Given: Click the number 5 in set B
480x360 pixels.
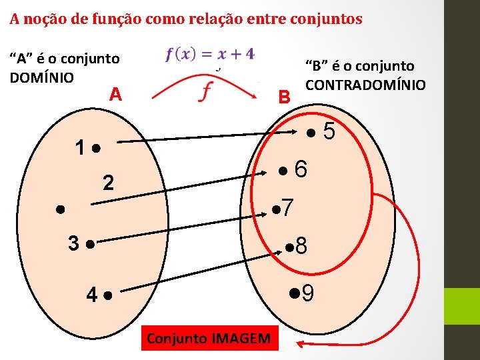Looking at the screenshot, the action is coord(329,132).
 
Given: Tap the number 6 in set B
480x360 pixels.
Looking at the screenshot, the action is coord(301,170).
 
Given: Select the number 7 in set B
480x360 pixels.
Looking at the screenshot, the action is coord(287,209).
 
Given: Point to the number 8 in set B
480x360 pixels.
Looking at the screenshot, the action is coord(301,247).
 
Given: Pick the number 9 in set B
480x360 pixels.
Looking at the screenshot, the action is coord(308,293).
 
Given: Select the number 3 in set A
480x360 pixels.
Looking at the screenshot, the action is coord(75,243).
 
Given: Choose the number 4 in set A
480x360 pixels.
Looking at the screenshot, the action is coord(93,293).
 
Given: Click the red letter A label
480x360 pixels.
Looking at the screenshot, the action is coord(116,95).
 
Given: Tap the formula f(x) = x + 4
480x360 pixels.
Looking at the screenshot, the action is coord(209,54).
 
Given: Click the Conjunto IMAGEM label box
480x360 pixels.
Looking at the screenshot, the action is coord(209,339).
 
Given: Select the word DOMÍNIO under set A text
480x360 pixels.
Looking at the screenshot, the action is coord(42,77).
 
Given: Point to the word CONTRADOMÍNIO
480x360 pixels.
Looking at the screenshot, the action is coord(365,85).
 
